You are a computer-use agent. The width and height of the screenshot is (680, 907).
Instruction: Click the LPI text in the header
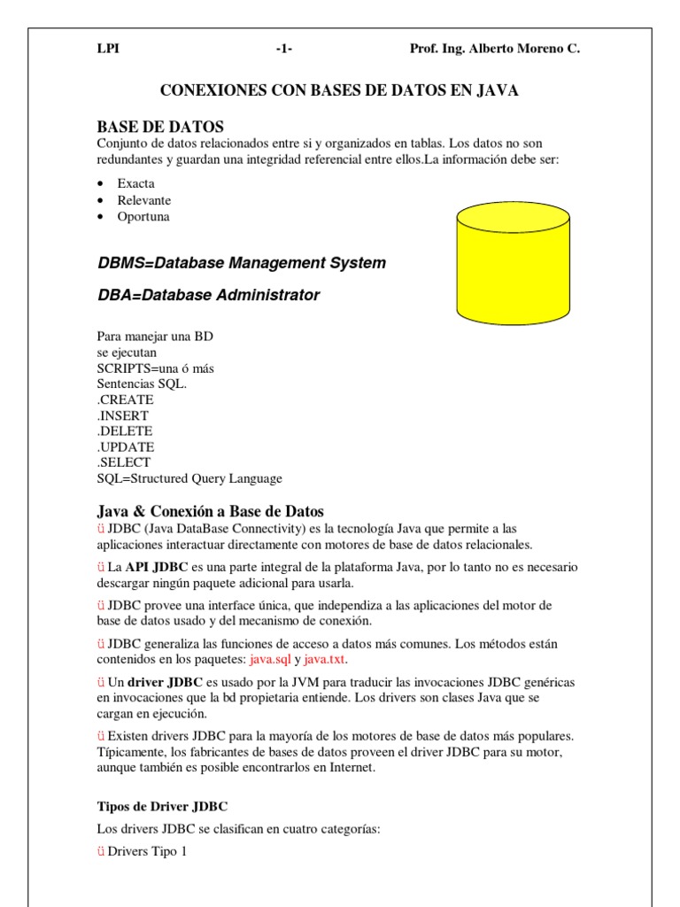[x=107, y=50]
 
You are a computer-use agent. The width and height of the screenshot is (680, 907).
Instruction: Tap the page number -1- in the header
[x=284, y=50]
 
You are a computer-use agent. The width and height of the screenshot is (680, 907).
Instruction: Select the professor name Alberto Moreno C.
[x=494, y=50]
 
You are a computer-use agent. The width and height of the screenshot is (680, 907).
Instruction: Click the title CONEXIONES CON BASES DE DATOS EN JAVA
[x=338, y=90]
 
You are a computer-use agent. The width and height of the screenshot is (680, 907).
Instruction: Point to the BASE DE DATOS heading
[x=160, y=127]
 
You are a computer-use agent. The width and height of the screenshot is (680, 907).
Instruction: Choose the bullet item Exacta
[x=136, y=183]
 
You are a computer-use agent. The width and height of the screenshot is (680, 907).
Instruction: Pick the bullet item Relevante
[x=144, y=200]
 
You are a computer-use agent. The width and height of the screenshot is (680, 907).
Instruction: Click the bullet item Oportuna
[x=143, y=216]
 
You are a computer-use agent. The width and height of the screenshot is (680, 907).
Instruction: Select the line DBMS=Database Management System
[x=241, y=263]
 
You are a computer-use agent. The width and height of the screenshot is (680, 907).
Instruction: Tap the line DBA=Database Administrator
[x=208, y=295]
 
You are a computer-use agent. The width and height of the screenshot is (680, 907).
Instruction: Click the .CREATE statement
[x=125, y=399]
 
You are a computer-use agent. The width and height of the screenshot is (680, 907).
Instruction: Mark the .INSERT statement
[x=123, y=415]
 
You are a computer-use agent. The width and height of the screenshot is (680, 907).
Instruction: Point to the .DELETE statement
[x=125, y=431]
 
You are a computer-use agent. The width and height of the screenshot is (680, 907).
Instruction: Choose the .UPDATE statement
[x=126, y=447]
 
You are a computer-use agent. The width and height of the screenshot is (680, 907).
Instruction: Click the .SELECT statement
[x=124, y=462]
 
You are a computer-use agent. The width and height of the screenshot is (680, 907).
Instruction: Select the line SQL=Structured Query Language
[x=189, y=478]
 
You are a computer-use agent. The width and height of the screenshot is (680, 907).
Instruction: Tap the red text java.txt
[x=325, y=660]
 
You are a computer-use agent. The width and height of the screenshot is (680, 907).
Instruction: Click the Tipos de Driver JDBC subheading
[x=162, y=807]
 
